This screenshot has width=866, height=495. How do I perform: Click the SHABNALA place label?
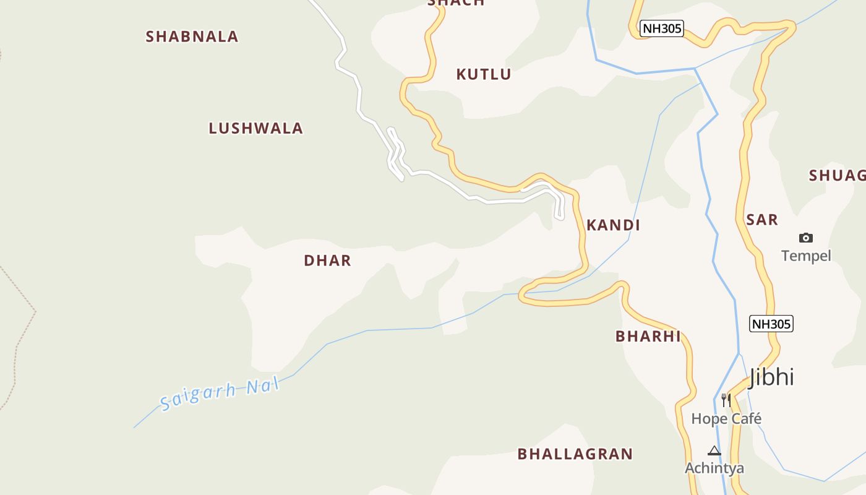[192, 37]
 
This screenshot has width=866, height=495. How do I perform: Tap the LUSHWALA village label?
[255, 129]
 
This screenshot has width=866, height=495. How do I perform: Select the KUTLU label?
[483, 75]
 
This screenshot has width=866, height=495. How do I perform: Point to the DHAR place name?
[327, 260]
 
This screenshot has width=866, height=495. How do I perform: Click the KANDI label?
[613, 225]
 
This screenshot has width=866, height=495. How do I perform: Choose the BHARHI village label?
[648, 337]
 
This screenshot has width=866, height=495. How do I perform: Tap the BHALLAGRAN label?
[575, 454]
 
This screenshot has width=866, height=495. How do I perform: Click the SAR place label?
[761, 220]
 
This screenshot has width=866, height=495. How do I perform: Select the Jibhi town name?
[771, 377]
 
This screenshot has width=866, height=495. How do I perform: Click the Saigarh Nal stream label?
[220, 395]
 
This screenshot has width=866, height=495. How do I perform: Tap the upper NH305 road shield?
[662, 28]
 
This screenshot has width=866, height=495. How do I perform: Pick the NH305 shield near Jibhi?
[771, 324]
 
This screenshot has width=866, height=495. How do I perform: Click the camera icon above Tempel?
[805, 238]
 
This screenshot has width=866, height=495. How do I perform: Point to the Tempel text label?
[805, 256]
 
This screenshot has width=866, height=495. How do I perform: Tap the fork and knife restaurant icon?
[726, 400]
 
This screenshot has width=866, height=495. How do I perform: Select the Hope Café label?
[726, 419]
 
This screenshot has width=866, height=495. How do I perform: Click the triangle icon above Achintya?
[714, 450]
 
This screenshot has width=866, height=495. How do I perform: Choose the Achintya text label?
[714, 468]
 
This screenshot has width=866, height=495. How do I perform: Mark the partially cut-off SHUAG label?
[837, 176]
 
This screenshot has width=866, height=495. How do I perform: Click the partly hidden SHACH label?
[456, 3]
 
